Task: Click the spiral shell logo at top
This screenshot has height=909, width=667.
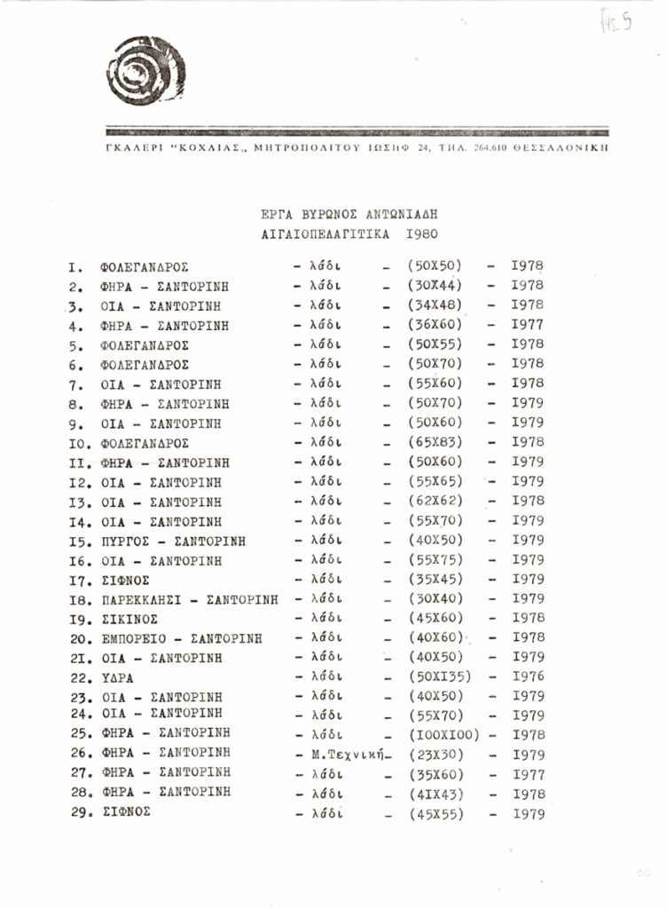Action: click(145, 70)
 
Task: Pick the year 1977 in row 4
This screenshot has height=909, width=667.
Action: click(528, 325)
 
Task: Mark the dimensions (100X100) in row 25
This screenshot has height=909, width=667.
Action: click(443, 735)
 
